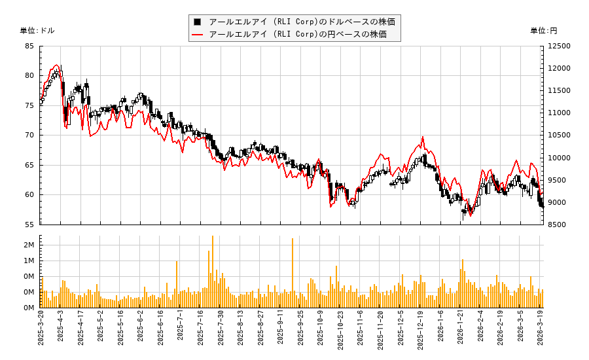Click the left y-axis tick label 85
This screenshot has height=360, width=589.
(x=30, y=46)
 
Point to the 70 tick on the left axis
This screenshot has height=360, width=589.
(x=30, y=135)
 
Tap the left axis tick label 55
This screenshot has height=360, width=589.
(x=30, y=225)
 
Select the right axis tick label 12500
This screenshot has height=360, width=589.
(x=560, y=46)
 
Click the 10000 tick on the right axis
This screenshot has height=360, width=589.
(x=560, y=158)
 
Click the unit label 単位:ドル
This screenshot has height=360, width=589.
(x=37, y=31)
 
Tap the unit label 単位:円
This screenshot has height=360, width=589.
(x=543, y=31)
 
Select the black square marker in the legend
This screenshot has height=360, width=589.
(x=197, y=22)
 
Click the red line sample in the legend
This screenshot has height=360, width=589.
(x=197, y=34)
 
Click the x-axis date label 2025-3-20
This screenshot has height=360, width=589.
(x=41, y=331)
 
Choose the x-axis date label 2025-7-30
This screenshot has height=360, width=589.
(x=221, y=331)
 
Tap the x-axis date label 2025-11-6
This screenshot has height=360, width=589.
(x=361, y=331)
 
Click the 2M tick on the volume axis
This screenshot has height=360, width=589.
(x=30, y=245)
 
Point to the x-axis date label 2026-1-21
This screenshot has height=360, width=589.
(x=461, y=331)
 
